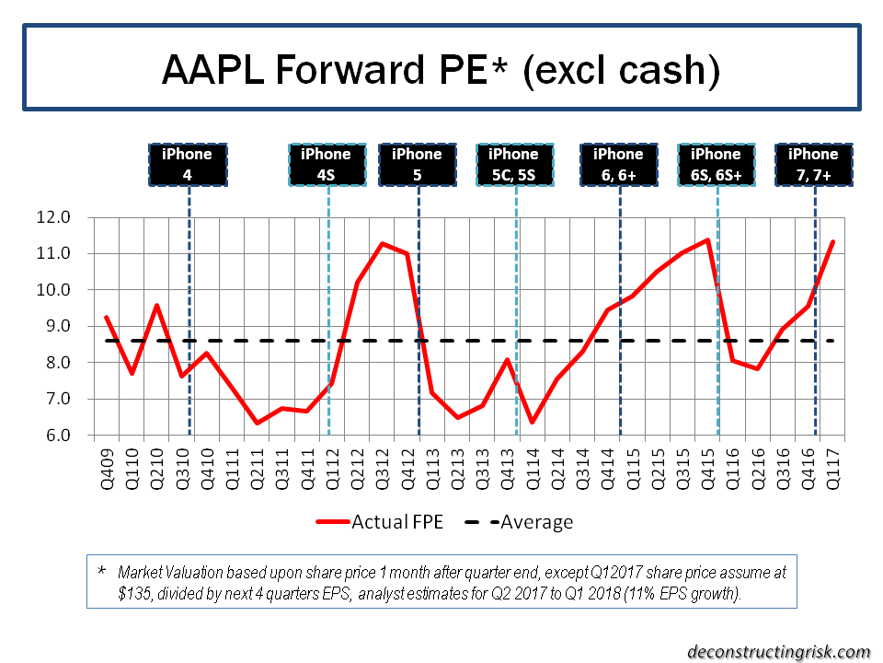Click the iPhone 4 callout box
pyautogui.click(x=188, y=164)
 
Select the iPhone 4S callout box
pyautogui.click(x=326, y=164)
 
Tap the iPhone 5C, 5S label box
pyautogui.click(x=514, y=164)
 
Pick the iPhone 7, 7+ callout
pyautogui.click(x=814, y=164)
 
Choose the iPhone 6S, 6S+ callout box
pyautogui.click(x=716, y=164)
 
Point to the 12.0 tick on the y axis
pyautogui.click(x=65, y=217)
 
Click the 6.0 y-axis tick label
pyautogui.click(x=65, y=436)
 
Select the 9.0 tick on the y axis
pyautogui.click(x=65, y=326)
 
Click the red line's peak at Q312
pyautogui.click(x=382, y=243)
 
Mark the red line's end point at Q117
pyautogui.click(x=832, y=242)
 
